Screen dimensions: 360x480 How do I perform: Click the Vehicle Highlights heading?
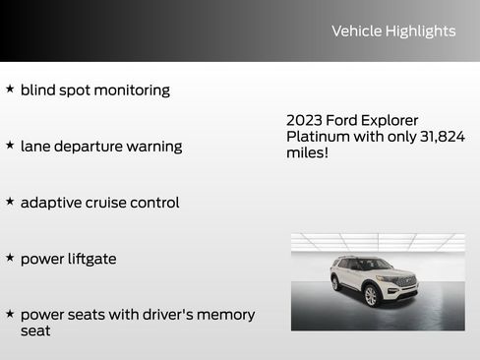[x=393, y=31]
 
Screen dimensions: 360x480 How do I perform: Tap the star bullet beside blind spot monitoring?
[x=10, y=89]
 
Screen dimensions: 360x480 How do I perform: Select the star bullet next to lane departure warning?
[x=10, y=145]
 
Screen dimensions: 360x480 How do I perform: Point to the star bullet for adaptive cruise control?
[x=10, y=201]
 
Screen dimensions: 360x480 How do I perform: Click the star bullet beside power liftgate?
[x=10, y=257]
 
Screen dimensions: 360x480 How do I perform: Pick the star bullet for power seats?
[x=10, y=313]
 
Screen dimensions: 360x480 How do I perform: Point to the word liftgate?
[x=88, y=259]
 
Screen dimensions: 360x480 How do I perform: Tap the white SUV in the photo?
[x=374, y=280]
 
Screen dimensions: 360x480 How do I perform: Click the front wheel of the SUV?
[x=371, y=295]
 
